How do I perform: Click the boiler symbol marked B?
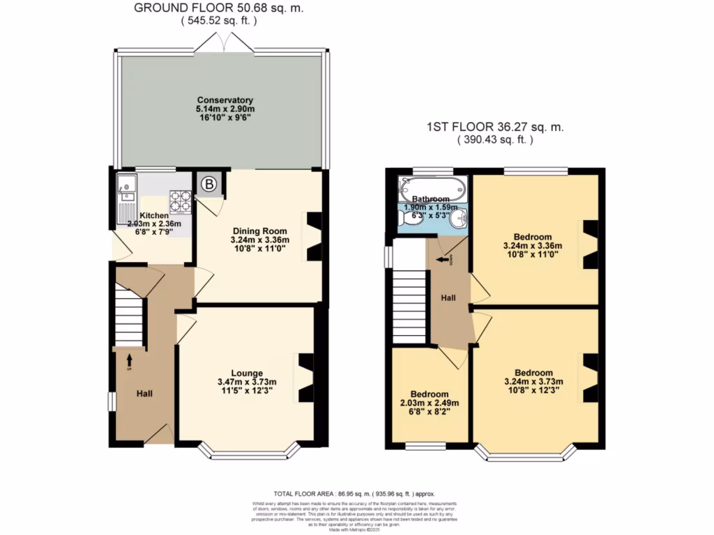pyautogui.click(x=209, y=185)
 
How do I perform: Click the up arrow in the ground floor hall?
pyautogui.click(x=129, y=360)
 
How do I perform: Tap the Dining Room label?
pyautogui.click(x=259, y=228)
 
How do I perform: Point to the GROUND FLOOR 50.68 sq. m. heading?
pyautogui.click(x=219, y=8)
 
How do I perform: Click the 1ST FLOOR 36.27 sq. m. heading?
pyautogui.click(x=495, y=127)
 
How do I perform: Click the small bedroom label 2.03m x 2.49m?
pyautogui.click(x=429, y=403)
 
